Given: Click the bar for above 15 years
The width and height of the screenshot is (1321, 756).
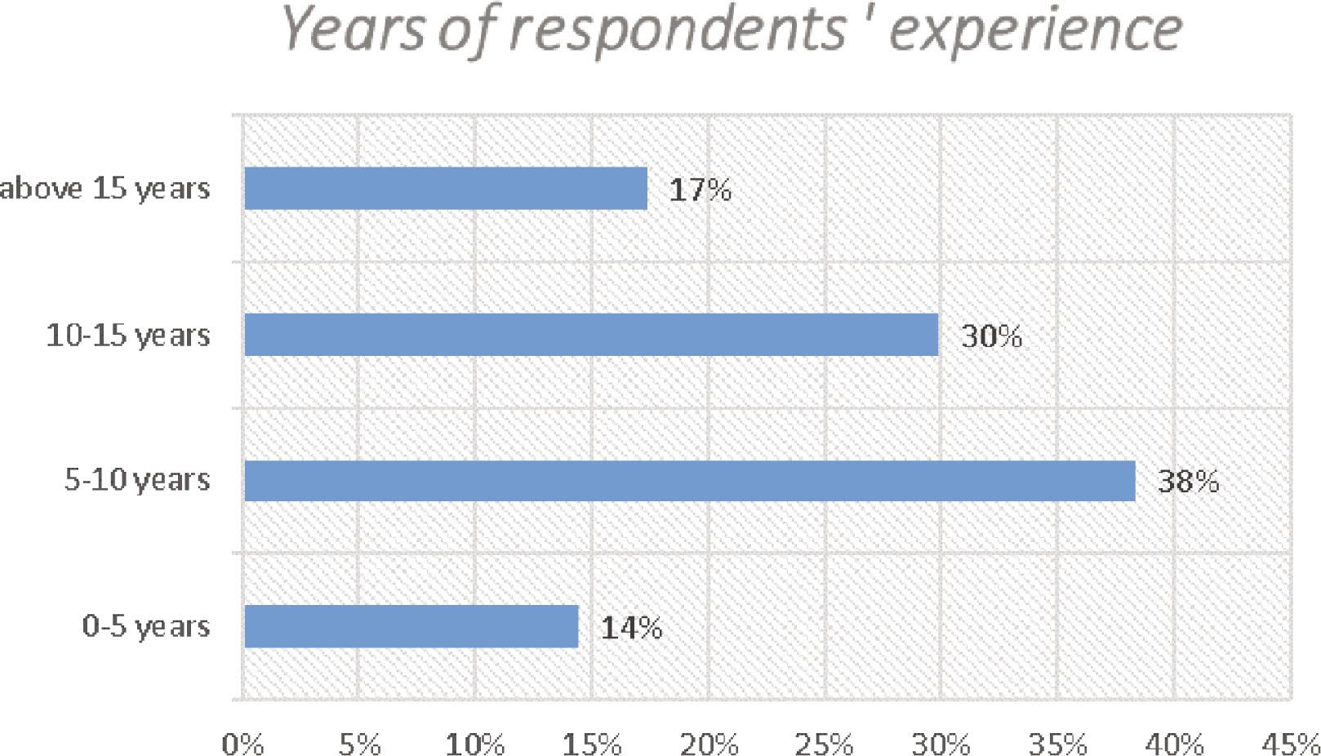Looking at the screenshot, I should point(446,189).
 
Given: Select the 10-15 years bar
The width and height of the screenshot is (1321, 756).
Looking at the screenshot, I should point(591,335).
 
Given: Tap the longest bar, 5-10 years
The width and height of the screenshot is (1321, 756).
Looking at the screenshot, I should point(690,481).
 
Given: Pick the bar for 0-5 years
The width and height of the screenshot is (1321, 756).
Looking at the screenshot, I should point(411,627).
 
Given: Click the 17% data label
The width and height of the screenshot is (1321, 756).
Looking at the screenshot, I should point(700,190).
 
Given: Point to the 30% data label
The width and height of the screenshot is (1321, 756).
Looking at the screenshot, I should point(991,336).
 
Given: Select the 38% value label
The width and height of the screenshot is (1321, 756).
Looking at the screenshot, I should point(1188,482).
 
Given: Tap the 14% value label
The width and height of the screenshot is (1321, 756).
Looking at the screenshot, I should point(631,628).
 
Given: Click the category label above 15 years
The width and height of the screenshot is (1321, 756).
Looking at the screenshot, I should point(105,189).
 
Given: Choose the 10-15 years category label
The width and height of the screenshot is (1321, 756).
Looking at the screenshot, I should point(128,336).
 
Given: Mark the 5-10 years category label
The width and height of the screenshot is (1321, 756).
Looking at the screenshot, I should point(137,480).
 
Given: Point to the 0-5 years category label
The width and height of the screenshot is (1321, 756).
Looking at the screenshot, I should point(146,627).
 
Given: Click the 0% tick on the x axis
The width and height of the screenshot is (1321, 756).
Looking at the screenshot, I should point(242,744).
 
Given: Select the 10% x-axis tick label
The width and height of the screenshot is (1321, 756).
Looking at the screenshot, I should point(475,744).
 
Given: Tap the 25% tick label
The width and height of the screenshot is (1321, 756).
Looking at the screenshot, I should point(825,744).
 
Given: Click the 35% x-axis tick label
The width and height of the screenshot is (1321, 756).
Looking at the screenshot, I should point(1057,744).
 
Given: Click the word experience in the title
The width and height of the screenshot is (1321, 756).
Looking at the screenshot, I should point(1035,30).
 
